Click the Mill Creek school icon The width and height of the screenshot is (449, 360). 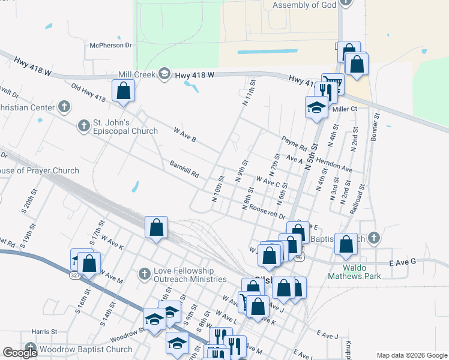coord(164,74)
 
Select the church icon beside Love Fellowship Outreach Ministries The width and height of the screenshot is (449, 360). coord(144,274)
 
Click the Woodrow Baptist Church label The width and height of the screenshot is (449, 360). coord(85,349)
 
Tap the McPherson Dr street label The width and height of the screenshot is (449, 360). coord(110,45)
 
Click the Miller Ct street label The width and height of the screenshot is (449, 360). coord(345,109)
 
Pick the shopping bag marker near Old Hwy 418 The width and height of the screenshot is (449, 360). coord(123,91)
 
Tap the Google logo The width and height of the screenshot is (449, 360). coord(20,353)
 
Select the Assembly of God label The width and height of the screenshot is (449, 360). coord(303,5)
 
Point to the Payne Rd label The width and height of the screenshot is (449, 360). coord(294,143)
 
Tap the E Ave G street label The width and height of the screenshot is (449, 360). coord(403,263)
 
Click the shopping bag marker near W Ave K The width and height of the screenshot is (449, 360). coord(156,228)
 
